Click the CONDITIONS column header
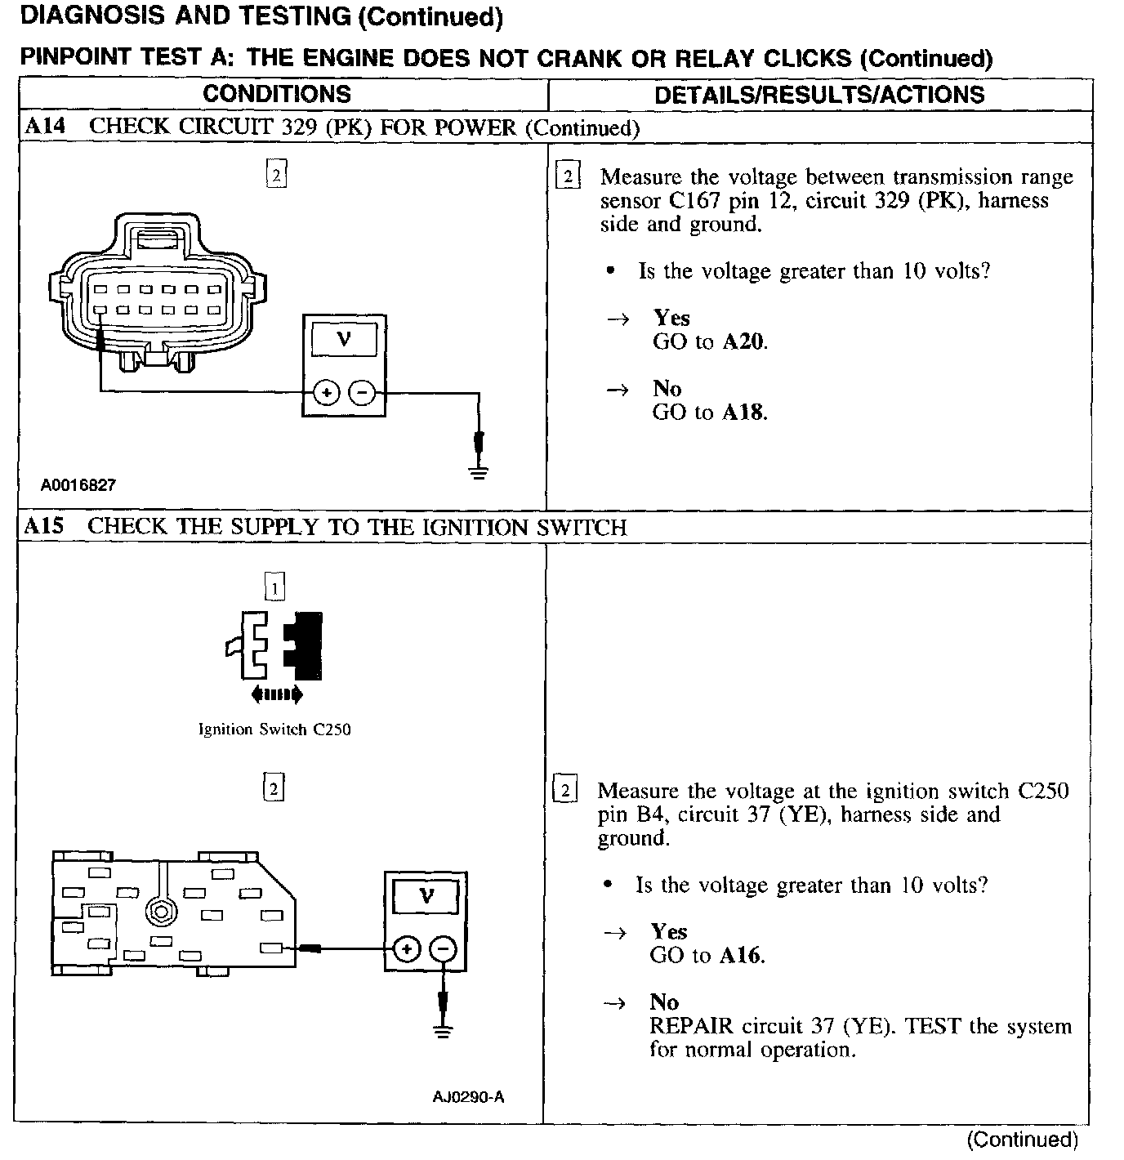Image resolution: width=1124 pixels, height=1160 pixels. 277,94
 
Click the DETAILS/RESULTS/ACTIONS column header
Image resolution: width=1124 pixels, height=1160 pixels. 819,95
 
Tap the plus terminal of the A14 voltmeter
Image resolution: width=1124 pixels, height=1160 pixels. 326,394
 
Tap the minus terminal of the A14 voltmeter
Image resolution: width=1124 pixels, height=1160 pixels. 362,394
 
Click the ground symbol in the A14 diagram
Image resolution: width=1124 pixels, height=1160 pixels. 479,471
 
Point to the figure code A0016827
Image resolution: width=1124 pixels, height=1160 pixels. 78,484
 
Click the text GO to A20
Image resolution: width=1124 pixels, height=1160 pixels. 710,341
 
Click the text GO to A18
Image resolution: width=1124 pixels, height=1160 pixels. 710,412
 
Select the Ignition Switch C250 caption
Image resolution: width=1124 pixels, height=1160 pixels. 274,729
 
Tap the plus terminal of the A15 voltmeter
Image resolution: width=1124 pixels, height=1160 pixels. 407,949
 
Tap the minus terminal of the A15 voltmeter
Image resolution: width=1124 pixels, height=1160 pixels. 443,949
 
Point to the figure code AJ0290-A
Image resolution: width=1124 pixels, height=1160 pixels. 468,1097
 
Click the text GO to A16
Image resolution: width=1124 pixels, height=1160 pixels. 707,955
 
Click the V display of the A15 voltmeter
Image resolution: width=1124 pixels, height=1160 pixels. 426,896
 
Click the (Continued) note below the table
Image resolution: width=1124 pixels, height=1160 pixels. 1022,1140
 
